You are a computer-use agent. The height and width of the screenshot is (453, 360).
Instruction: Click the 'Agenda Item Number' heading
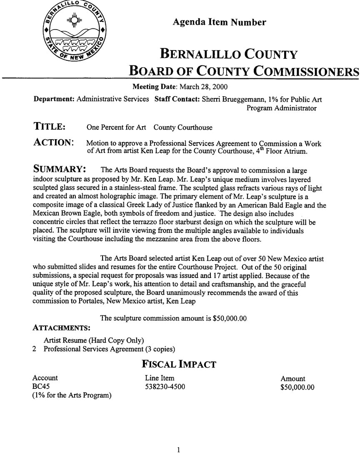coord(219,23)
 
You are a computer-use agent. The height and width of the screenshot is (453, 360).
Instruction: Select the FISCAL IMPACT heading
coord(179,364)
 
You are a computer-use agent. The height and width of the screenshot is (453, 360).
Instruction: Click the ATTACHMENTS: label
coord(62,328)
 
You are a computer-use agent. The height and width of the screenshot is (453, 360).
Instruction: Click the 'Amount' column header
coord(292,378)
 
